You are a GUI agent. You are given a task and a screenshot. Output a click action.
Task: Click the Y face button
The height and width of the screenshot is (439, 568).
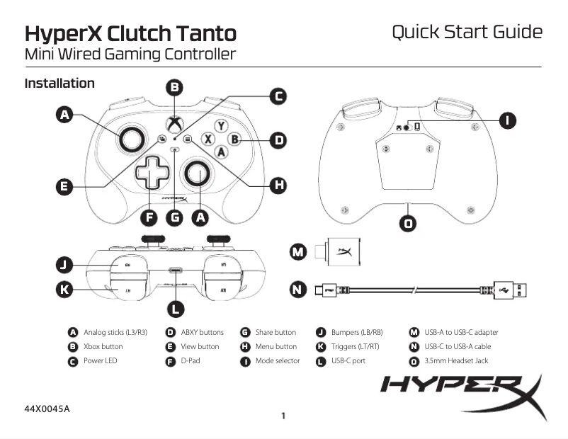222,126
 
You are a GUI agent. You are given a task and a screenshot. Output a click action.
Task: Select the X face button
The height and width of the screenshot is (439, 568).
209,139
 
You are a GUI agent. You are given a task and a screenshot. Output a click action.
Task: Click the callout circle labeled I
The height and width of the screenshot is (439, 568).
507,120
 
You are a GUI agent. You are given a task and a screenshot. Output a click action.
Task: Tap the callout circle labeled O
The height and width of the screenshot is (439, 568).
409,224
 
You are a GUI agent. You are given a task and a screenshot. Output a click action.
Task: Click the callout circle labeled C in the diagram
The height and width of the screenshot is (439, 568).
280,96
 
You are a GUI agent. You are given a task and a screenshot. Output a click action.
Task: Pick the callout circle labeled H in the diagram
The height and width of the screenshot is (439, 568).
280,186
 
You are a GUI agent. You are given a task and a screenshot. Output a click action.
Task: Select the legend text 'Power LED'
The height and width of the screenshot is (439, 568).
101,361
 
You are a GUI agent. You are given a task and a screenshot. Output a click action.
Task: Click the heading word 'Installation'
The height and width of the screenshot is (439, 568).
59,84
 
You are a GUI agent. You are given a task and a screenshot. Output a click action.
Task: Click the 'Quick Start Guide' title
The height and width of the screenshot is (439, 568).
467,33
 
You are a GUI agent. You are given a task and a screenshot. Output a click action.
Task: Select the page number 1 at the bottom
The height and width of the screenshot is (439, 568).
283,416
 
